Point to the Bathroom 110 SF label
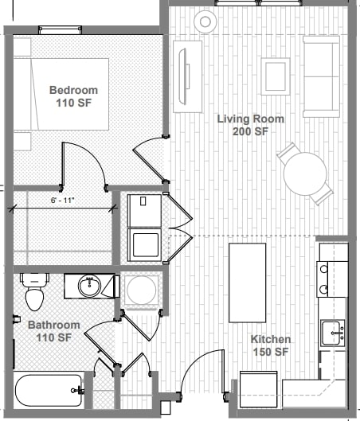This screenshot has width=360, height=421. coord(53,331)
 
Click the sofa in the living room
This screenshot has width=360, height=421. coord(321,76)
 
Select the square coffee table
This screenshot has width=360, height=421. coord(276,76)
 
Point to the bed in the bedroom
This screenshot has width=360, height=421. coord(62,93)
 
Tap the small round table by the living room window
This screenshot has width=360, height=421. coord(205,21)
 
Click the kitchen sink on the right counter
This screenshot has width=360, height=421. coord(332,331)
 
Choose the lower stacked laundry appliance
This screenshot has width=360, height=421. coord(146,244)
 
